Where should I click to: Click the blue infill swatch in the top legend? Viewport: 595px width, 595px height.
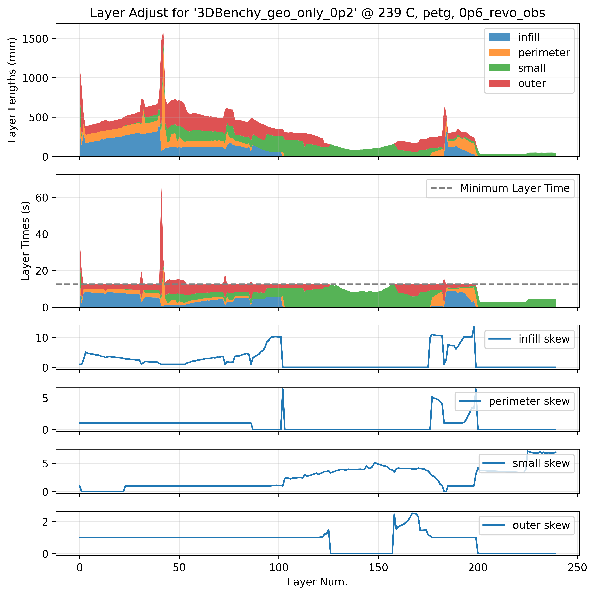[499, 37]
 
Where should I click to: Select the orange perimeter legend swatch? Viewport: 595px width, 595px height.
[499, 53]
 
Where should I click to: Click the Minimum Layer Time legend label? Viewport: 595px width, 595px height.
[515, 188]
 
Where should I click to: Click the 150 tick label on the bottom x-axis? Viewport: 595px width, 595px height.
[378, 568]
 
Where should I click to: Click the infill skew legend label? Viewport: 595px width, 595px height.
[544, 339]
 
